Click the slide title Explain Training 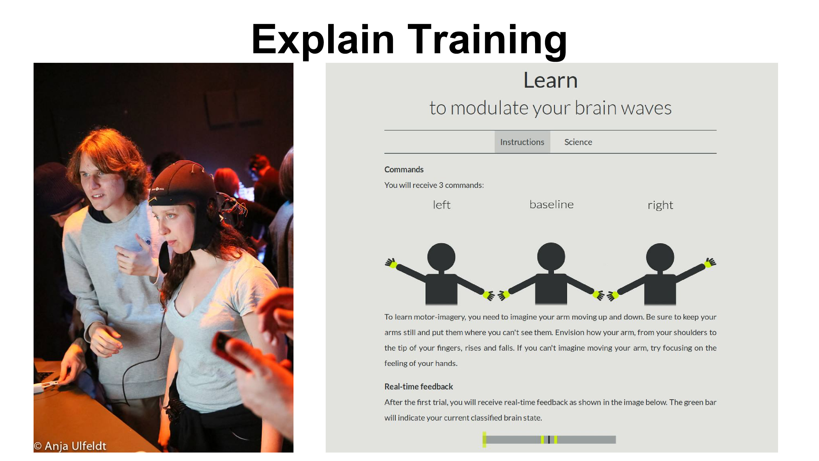click(409, 40)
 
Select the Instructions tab click(522, 142)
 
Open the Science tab click(578, 142)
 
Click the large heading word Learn click(550, 80)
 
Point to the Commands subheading click(404, 169)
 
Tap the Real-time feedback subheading click(419, 386)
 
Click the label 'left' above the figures click(442, 205)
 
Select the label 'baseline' click(551, 205)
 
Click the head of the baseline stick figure click(551, 256)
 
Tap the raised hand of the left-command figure click(391, 263)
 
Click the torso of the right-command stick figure click(660, 289)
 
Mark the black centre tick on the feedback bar click(549, 440)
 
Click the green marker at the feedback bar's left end click(484, 439)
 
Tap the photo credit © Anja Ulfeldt click(70, 446)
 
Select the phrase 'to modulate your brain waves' click(550, 108)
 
